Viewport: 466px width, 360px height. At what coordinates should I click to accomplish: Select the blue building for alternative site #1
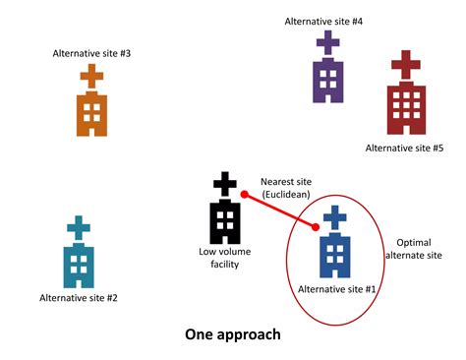click(335, 253)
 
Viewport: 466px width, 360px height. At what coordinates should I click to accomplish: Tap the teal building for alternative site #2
click(78, 262)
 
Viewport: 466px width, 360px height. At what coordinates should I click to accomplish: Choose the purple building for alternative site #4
click(327, 79)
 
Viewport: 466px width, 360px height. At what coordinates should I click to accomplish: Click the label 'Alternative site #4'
click(323, 21)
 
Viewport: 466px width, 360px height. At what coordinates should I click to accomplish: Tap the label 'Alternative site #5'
click(404, 148)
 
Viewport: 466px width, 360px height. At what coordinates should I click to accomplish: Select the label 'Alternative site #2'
click(79, 297)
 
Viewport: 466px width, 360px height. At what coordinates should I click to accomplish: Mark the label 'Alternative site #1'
click(336, 289)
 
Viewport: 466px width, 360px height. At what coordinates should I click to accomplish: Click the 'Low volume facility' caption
click(225, 258)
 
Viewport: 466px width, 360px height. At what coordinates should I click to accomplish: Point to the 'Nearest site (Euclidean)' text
click(285, 188)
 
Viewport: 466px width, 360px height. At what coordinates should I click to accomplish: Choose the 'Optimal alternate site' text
click(418, 249)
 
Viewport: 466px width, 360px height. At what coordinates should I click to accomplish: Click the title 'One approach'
click(233, 333)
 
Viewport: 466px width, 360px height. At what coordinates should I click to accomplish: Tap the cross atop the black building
click(225, 184)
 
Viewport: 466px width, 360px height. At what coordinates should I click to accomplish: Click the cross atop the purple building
click(327, 43)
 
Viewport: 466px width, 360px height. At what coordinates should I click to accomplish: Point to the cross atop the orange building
click(91, 76)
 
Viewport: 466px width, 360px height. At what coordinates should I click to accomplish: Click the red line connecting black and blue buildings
click(280, 212)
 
